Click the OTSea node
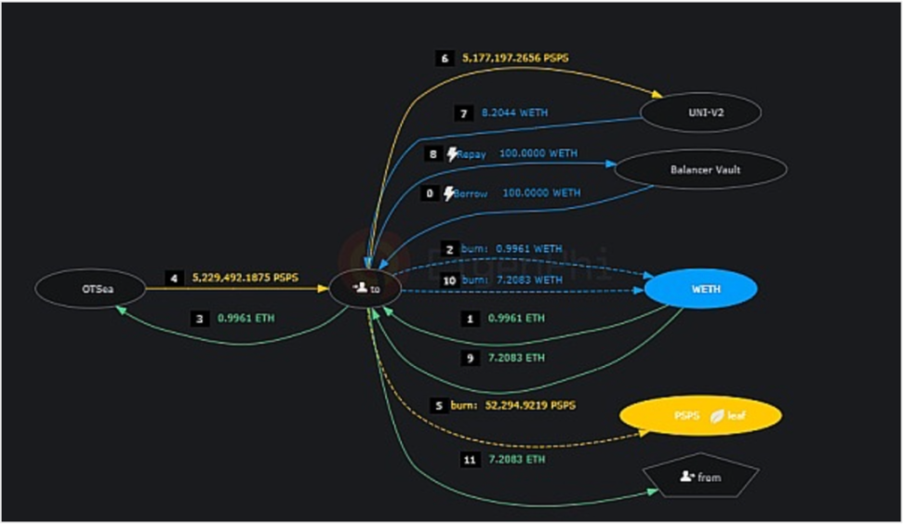pyautogui.click(x=90, y=290)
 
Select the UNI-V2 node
pyautogui.click(x=701, y=112)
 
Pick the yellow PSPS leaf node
pyautogui.click(x=698, y=415)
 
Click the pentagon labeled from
pyautogui.click(x=700, y=477)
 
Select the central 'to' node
pyautogui.click(x=366, y=290)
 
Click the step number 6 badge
pyautogui.click(x=445, y=58)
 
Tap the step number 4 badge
pyautogui.click(x=173, y=277)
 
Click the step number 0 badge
pyautogui.click(x=430, y=193)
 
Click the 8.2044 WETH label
pyautogui.click(x=514, y=112)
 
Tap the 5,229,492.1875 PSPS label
pyautogui.click(x=246, y=277)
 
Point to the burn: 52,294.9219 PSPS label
pyautogui.click(x=513, y=405)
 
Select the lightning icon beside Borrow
pyautogui.click(x=449, y=193)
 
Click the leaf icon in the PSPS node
pyautogui.click(x=717, y=415)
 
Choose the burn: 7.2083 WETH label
pyautogui.click(x=512, y=279)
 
